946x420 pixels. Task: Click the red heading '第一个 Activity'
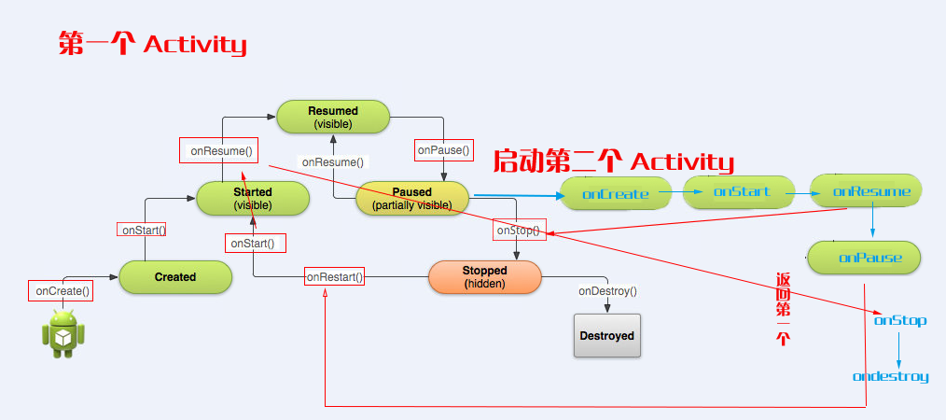[152, 44]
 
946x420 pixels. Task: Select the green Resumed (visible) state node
[333, 118]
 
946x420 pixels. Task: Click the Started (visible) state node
[252, 199]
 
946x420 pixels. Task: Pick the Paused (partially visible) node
[411, 199]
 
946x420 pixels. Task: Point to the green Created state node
[175, 277]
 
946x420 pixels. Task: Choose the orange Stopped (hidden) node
[484, 277]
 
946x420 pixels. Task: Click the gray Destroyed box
[607, 336]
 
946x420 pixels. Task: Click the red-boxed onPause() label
[444, 149]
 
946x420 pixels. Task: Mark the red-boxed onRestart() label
[334, 276]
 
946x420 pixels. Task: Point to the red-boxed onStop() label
[519, 231]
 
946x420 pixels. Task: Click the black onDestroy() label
[607, 291]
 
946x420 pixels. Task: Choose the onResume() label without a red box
[333, 161]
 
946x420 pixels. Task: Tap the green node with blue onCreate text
[616, 194]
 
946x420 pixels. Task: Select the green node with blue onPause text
[864, 258]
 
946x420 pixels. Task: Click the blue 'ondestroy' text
[890, 377]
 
